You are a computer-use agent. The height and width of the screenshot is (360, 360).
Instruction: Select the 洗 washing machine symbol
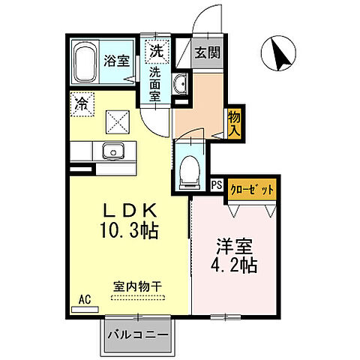(x=156, y=52)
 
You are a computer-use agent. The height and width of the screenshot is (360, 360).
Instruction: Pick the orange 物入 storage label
(x=234, y=122)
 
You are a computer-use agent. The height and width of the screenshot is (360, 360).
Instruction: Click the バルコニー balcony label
(x=136, y=334)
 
